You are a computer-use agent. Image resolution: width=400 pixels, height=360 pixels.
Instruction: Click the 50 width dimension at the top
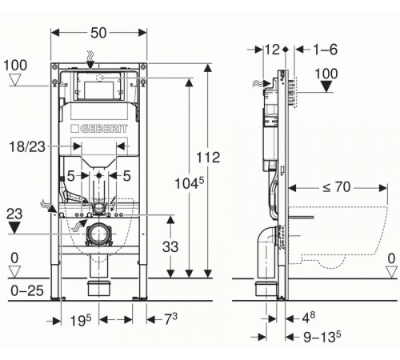click(98, 33)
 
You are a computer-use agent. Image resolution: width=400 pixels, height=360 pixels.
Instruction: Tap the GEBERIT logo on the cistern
click(99, 129)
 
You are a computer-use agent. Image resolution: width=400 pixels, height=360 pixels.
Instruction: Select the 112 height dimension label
click(208, 158)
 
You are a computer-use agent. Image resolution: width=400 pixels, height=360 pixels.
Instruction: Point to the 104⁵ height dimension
click(189, 183)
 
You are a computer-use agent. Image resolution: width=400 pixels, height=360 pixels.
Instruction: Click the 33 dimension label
click(170, 246)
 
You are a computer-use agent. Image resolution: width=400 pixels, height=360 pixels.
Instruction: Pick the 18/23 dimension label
click(27, 146)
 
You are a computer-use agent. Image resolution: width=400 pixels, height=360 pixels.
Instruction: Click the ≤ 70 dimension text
click(336, 187)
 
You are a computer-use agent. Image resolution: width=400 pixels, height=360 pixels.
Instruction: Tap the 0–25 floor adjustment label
click(27, 290)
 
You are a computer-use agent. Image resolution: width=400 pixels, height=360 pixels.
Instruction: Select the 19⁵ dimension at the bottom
click(80, 320)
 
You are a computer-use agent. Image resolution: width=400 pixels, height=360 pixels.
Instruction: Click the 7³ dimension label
click(170, 318)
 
